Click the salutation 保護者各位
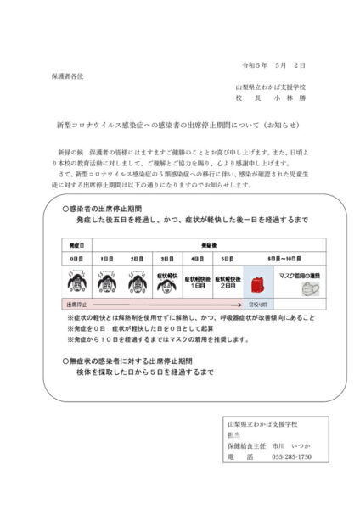tap(66, 76)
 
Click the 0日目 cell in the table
tap(76, 258)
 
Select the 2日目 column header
tap(137, 258)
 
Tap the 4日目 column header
tap(197, 258)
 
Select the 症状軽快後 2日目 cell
tap(227, 279)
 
